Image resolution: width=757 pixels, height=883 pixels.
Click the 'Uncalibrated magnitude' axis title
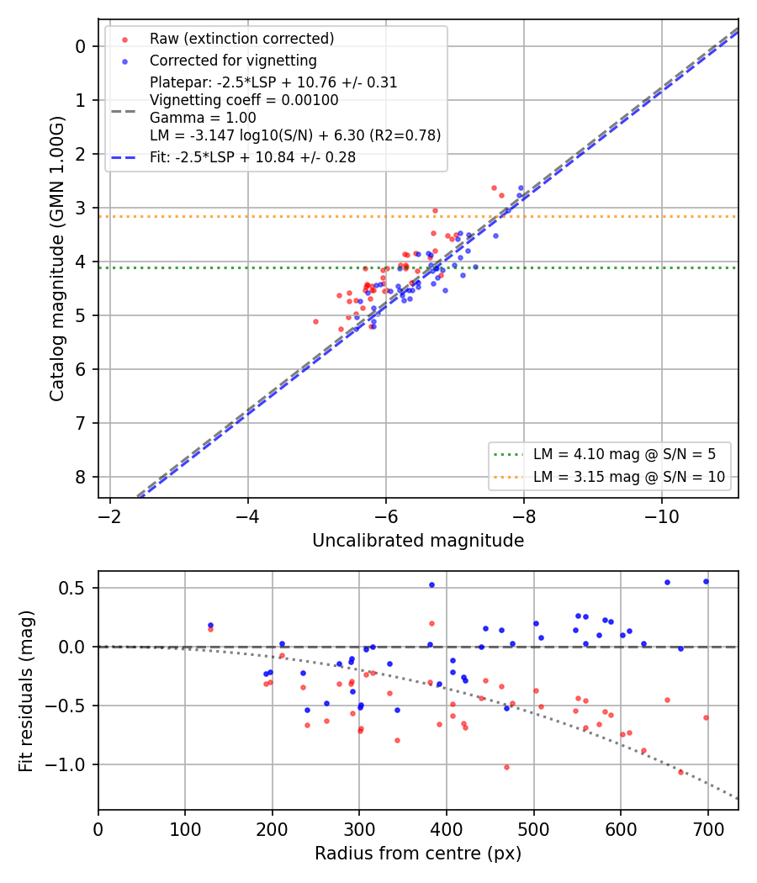[x=418, y=541]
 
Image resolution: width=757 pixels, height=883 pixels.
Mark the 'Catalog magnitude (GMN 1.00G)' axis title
[x=57, y=259]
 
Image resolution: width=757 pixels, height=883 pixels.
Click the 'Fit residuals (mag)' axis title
[x=26, y=691]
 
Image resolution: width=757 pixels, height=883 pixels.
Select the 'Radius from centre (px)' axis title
[x=418, y=854]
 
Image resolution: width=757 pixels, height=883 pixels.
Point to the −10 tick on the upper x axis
[x=661, y=516]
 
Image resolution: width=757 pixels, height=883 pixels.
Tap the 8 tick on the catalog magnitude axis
[x=81, y=477]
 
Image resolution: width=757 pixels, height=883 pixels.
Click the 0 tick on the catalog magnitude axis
[x=81, y=46]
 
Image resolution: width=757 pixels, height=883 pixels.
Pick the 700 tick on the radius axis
[x=708, y=829]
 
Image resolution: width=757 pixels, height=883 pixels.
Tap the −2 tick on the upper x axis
[x=110, y=516]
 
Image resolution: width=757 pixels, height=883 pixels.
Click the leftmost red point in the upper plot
[x=315, y=321]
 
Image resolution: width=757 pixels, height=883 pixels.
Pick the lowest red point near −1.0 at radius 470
[x=506, y=767]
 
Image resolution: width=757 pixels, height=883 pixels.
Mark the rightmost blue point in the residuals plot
[x=706, y=582]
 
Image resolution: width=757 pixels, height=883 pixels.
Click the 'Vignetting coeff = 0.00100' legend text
[x=244, y=100]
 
